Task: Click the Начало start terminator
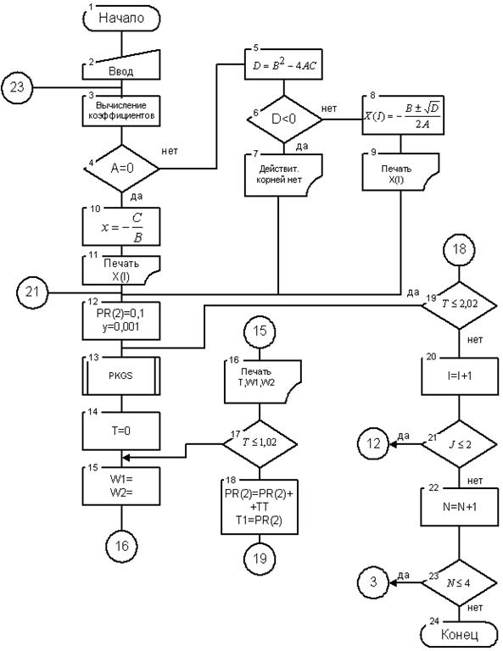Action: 121,19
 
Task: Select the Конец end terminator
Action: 459,634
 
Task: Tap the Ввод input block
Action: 121,65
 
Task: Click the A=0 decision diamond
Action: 121,168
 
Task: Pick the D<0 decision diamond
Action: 284,120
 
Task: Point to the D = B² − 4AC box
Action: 283,64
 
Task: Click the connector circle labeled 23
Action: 17,87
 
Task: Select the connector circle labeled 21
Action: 32,292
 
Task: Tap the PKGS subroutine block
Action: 121,376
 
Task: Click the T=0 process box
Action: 121,431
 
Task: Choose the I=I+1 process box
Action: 460,376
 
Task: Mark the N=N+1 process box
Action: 460,507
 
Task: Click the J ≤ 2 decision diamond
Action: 460,444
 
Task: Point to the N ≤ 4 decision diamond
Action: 460,582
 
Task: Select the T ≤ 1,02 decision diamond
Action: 260,443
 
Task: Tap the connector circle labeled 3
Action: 373,582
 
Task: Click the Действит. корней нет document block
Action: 283,175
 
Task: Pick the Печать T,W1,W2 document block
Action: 262,381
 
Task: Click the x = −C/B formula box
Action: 121,226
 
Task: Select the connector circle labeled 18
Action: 460,249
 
